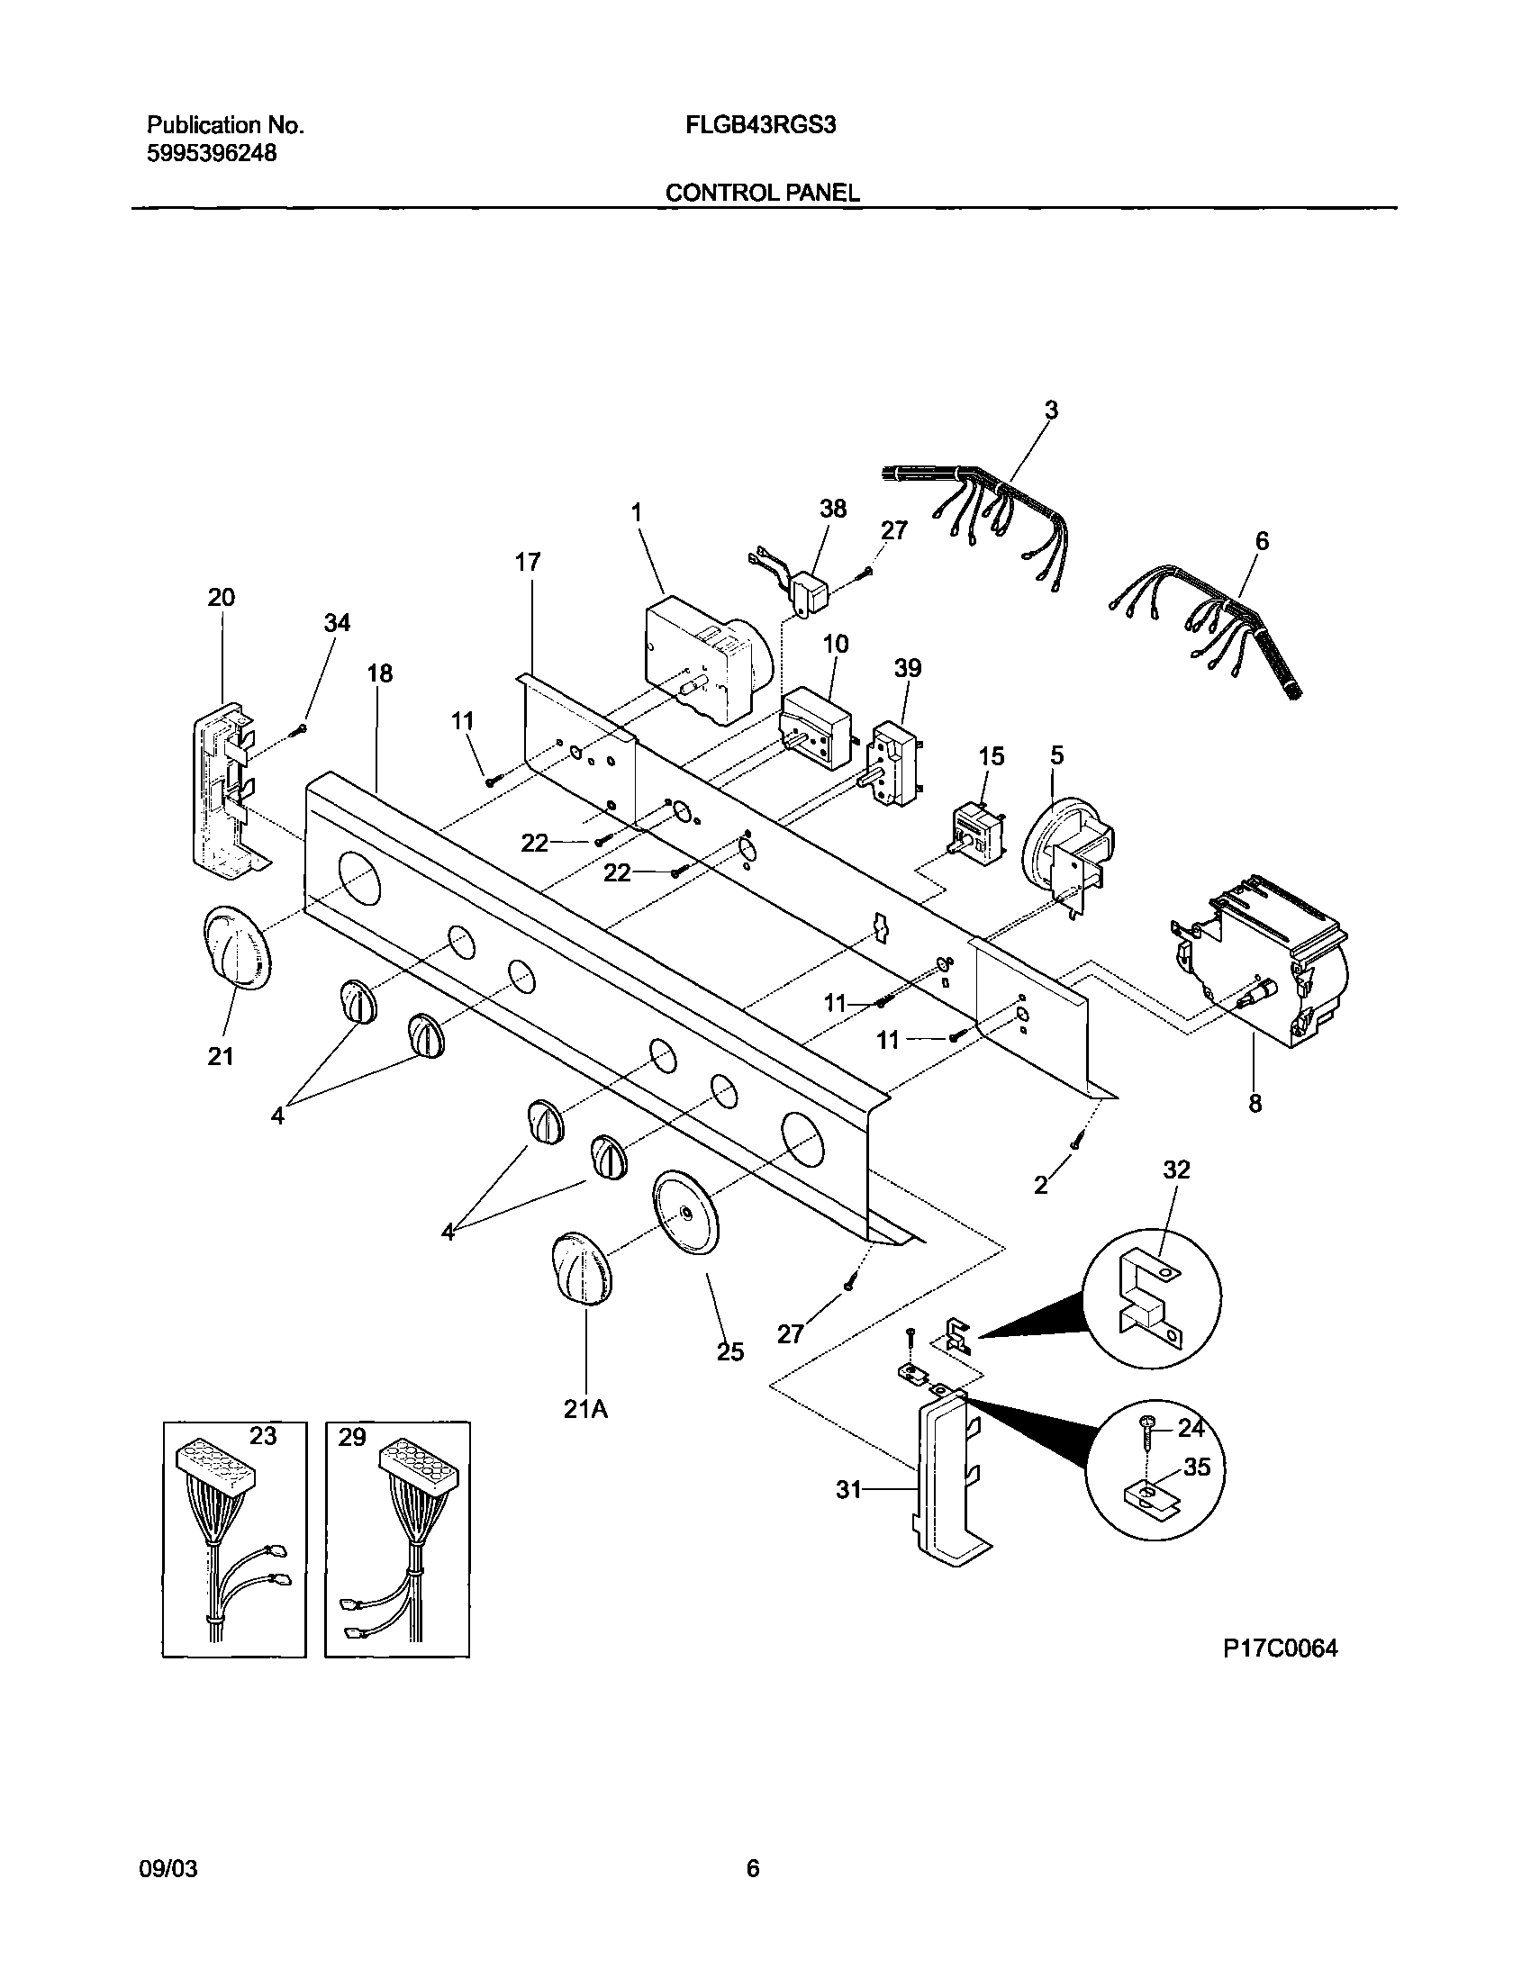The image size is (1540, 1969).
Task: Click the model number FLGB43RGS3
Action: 761,125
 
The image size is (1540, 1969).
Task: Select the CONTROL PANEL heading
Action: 762,193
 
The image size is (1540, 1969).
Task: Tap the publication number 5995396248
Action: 211,154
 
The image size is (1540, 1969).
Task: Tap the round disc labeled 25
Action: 686,1212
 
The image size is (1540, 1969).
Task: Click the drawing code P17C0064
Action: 1280,1649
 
